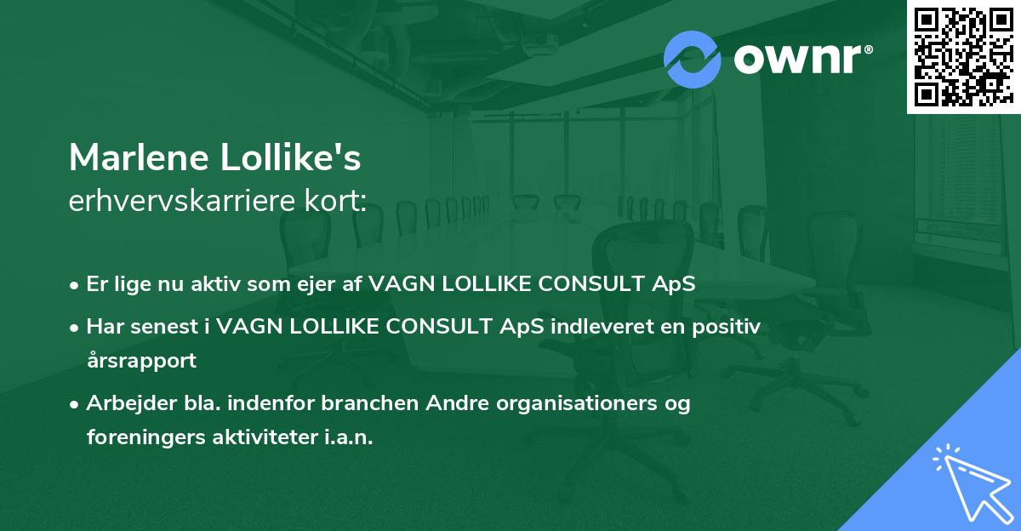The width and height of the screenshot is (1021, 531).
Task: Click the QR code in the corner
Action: (x=963, y=56)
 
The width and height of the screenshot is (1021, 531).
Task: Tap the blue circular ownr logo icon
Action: (x=693, y=60)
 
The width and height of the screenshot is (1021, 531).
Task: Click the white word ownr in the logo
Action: (x=798, y=59)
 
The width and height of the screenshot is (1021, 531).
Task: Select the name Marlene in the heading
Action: (x=139, y=157)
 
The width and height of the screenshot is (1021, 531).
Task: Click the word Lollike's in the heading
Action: (x=290, y=157)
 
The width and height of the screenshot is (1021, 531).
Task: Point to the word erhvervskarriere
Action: (x=182, y=200)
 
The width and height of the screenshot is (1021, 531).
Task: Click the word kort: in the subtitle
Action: (x=335, y=200)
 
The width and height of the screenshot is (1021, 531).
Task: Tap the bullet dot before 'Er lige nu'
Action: (x=74, y=286)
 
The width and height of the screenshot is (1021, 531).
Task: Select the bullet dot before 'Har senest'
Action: (x=74, y=328)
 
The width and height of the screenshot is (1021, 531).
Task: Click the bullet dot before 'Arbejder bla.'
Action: (x=74, y=404)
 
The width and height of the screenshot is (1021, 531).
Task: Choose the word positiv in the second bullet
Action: (x=726, y=327)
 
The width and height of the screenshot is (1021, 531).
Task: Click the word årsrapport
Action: (x=141, y=361)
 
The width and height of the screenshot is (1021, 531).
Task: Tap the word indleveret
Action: (x=602, y=327)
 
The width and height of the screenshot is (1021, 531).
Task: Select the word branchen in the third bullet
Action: (x=369, y=403)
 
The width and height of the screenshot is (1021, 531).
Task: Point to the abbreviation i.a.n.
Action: (x=349, y=437)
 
